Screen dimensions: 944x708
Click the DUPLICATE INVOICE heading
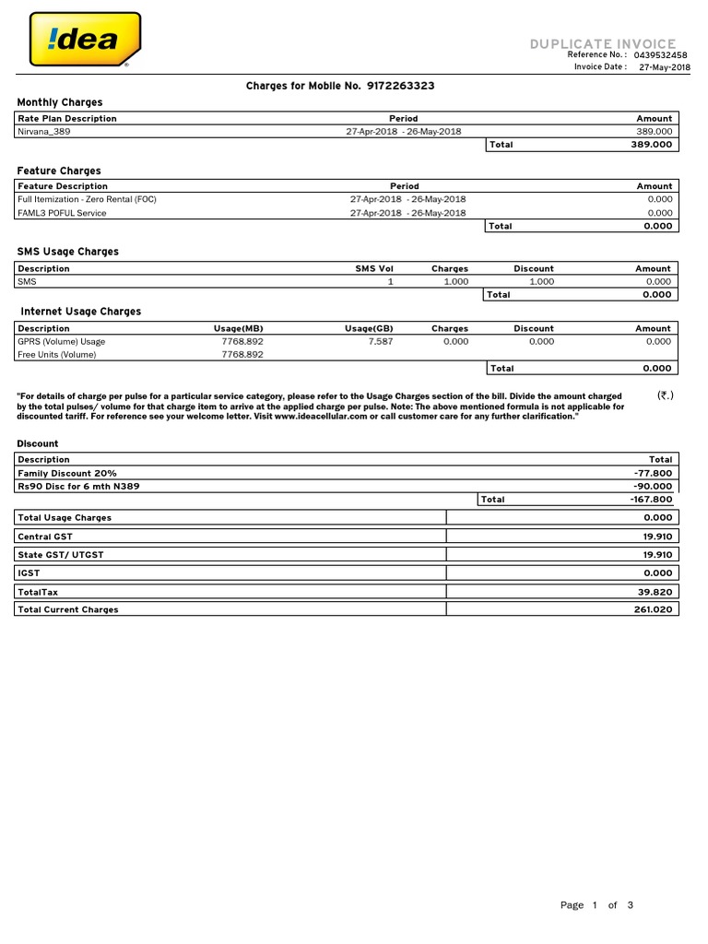point(603,43)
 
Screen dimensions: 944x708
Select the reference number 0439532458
point(660,55)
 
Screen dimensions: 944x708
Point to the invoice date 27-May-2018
point(664,67)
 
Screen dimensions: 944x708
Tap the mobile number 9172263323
point(400,86)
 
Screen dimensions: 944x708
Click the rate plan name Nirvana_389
point(43,132)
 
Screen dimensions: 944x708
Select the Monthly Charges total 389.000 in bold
point(651,145)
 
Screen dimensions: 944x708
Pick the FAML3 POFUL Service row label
point(62,213)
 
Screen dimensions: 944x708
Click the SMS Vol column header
point(374,268)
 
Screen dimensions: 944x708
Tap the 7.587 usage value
point(380,341)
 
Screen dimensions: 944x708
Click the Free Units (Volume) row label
point(56,354)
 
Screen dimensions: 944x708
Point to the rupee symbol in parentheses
point(665,395)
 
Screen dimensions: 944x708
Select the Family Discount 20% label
point(67,473)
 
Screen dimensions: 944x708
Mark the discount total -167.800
point(651,499)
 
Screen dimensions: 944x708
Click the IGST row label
point(29,572)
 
